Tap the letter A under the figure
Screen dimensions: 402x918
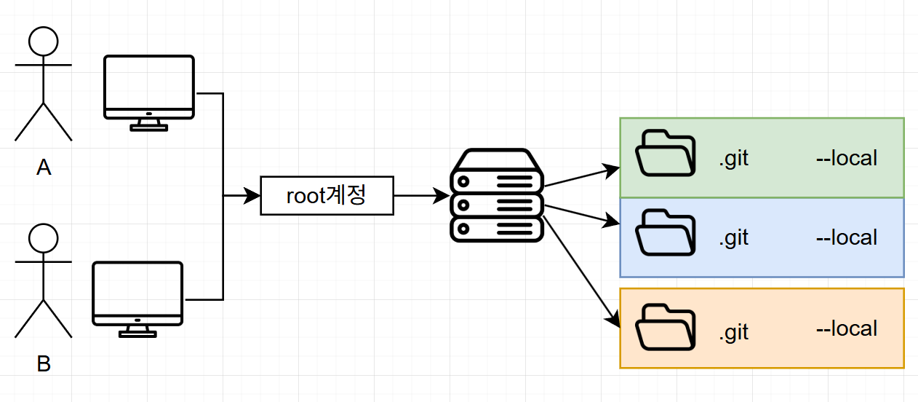[x=44, y=168]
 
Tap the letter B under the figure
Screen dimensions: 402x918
[x=44, y=364]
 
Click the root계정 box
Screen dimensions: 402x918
[x=327, y=195]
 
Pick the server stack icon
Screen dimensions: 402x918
[x=497, y=196]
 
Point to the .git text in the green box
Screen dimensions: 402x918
[x=733, y=159]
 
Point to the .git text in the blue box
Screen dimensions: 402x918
[x=733, y=238]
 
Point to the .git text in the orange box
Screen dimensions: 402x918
[x=733, y=332]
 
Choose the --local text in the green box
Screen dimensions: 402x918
[x=847, y=158]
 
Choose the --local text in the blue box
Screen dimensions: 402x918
[x=847, y=237]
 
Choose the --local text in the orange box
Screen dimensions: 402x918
[x=847, y=329]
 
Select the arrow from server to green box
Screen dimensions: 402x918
[x=580, y=177]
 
